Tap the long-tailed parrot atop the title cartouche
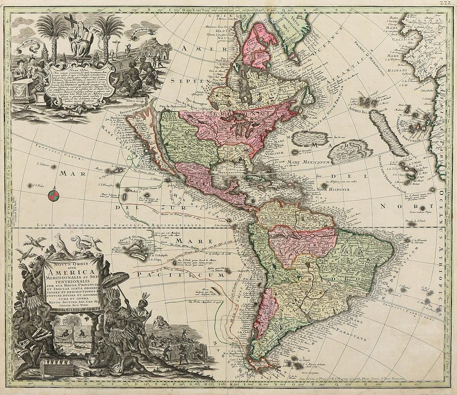click(x=62, y=245)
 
